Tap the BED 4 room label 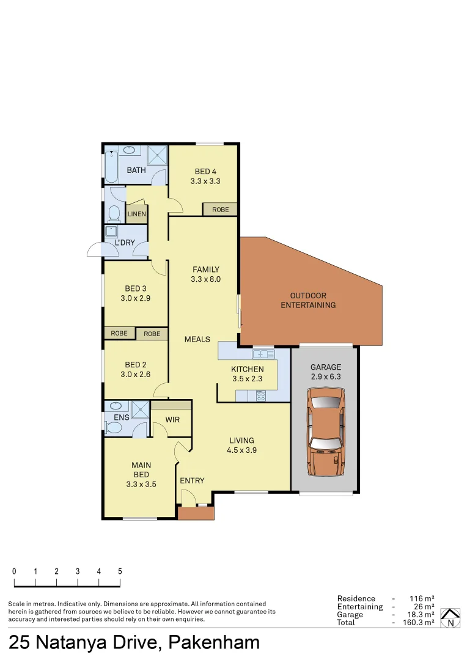coord(205,172)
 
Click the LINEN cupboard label coord(137,215)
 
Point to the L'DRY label coord(125,243)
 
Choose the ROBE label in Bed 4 coord(221,210)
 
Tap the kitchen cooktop coord(261,395)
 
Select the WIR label coord(172,420)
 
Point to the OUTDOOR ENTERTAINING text coord(308,300)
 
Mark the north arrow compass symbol coord(450,618)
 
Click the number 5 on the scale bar coord(120,571)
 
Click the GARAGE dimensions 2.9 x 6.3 coord(325,377)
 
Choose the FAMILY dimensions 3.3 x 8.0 coord(205,279)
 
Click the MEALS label coord(197,339)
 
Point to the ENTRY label coord(192,481)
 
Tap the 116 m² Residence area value coord(422,599)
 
